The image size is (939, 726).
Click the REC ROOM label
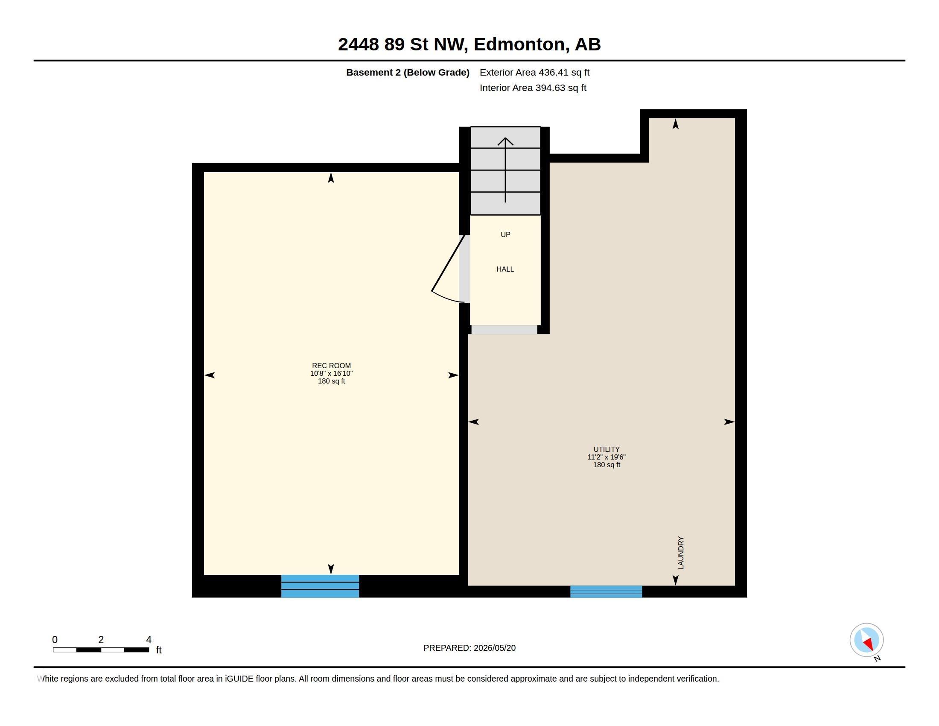click(x=331, y=366)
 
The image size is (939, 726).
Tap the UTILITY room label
click(x=606, y=449)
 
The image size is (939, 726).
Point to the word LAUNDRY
click(x=681, y=553)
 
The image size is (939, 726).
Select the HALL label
click(x=505, y=269)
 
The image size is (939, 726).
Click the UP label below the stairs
click(x=506, y=234)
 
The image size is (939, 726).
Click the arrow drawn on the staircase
click(x=505, y=170)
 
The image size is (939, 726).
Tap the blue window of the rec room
click(x=320, y=586)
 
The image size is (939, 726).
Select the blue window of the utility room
click(x=606, y=591)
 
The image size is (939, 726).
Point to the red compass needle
click(x=869, y=644)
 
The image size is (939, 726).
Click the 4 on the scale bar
click(x=149, y=640)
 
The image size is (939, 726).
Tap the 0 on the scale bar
click(x=55, y=640)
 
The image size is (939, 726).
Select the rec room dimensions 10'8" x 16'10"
click(x=332, y=373)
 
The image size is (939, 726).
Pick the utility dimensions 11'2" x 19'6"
click(x=607, y=457)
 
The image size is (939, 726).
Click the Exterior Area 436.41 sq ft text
click(x=534, y=72)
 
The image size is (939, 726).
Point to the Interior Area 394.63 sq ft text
click(x=533, y=88)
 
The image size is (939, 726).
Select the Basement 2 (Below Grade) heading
click(x=408, y=72)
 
